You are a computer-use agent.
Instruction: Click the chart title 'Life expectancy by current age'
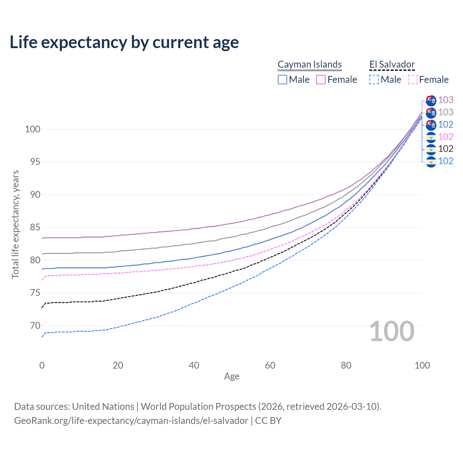pyautogui.click(x=124, y=42)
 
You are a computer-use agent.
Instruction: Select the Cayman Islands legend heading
pyautogui.click(x=310, y=64)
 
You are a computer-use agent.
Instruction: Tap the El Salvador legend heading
pyautogui.click(x=392, y=64)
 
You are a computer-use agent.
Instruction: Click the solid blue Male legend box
pyautogui.click(x=283, y=80)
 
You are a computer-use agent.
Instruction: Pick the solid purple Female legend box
pyautogui.click(x=321, y=80)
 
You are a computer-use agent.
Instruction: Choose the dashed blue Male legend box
pyautogui.click(x=374, y=80)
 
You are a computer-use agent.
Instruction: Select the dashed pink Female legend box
pyautogui.click(x=412, y=80)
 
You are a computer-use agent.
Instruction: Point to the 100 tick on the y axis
pyautogui.click(x=32, y=129)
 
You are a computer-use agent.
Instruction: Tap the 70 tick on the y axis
pyautogui.click(x=35, y=326)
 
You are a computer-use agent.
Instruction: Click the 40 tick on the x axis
pyautogui.click(x=194, y=365)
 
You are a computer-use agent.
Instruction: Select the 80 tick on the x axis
pyautogui.click(x=346, y=365)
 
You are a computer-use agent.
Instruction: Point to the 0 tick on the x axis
pyautogui.click(x=42, y=365)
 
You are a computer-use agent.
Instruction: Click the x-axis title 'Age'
pyautogui.click(x=231, y=377)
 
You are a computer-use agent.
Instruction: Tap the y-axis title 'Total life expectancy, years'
pyautogui.click(x=15, y=224)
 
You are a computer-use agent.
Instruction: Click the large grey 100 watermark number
pyautogui.click(x=392, y=331)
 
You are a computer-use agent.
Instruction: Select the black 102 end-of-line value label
pyautogui.click(x=446, y=149)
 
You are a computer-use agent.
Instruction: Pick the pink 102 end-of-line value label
pyautogui.click(x=446, y=137)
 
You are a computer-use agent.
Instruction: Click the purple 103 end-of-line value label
pyautogui.click(x=446, y=100)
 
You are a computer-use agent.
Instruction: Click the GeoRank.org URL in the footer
pyautogui.click(x=131, y=421)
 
